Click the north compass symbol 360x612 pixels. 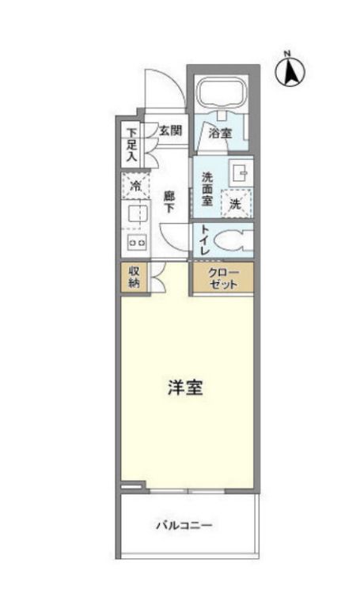[x=290, y=70]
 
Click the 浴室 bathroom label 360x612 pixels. [x=220, y=133]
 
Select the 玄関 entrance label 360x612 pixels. [x=171, y=130]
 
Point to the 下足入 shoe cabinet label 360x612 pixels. [x=132, y=145]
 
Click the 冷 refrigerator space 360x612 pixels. [x=135, y=186]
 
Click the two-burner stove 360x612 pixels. [x=137, y=243]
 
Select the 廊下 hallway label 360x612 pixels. [x=169, y=202]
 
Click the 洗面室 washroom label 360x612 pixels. [x=207, y=189]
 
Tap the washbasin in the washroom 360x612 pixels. [x=240, y=172]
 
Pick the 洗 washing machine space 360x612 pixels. [x=236, y=203]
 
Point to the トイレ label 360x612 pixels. [x=205, y=240]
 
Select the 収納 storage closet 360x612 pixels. [x=135, y=277]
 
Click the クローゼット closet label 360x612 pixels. [x=223, y=278]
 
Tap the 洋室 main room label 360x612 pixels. [x=185, y=387]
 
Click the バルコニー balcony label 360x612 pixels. [x=184, y=525]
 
